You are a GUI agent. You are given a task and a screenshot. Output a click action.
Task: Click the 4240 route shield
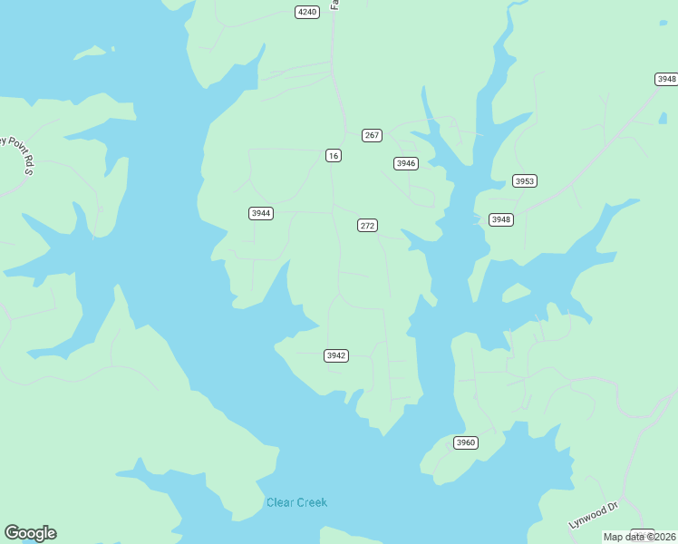(306, 12)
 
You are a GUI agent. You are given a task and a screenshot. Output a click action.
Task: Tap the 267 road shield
(372, 135)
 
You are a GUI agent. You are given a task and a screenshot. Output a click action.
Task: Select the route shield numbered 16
(334, 156)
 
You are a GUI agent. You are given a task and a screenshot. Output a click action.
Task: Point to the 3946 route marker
(405, 163)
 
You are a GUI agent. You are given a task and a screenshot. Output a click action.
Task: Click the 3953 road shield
(525, 180)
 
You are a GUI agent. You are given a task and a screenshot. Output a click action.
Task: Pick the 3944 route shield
(261, 213)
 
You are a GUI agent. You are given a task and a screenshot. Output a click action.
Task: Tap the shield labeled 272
(367, 225)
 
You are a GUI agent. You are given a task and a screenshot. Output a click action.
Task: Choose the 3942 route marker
(335, 355)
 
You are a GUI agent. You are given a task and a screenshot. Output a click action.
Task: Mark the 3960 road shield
(465, 442)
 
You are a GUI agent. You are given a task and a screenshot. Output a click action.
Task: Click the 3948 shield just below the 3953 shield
(501, 219)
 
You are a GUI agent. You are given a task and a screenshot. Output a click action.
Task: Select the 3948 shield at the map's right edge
(666, 79)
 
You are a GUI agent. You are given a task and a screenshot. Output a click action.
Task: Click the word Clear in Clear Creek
(280, 502)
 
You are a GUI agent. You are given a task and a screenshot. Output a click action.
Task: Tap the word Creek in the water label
(312, 502)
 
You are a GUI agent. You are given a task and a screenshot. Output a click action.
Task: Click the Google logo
(30, 533)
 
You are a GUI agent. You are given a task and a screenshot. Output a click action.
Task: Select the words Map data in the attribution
(624, 537)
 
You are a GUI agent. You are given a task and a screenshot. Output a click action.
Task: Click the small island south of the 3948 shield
(515, 293)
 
